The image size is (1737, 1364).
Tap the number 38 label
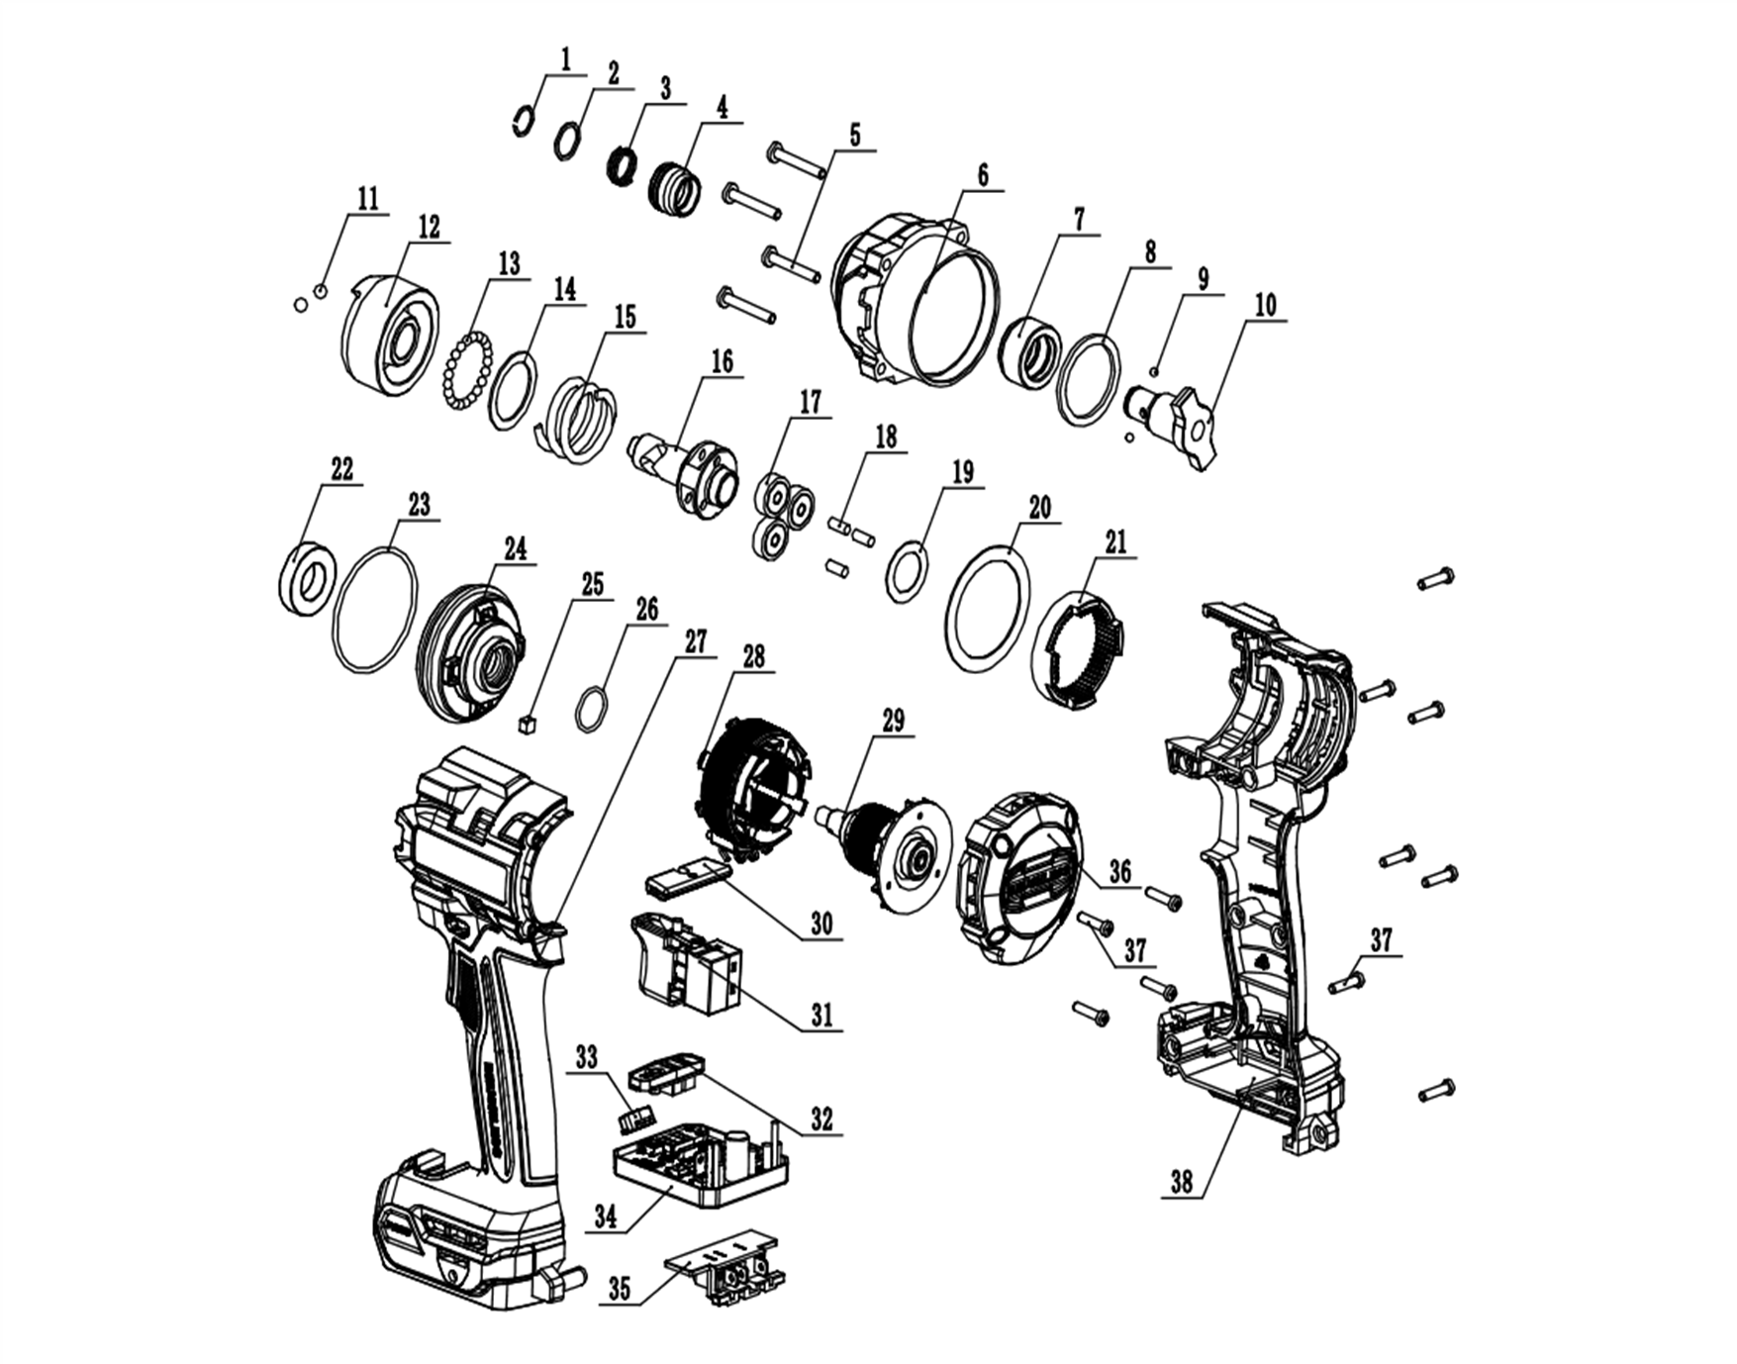point(1181,1182)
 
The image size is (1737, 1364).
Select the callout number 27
point(696,641)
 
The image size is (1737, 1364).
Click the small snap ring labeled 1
point(524,122)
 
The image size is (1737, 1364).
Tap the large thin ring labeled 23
point(375,612)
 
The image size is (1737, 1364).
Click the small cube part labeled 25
point(527,725)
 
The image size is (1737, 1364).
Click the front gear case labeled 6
point(916,302)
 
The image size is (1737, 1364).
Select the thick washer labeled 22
point(307,578)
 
